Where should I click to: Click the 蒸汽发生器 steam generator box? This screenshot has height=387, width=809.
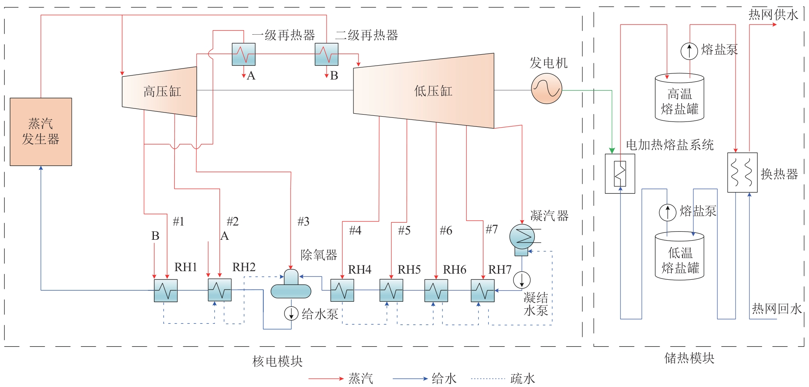pyautogui.click(x=41, y=132)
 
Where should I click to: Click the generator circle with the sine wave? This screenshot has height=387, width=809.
pyautogui.click(x=547, y=88)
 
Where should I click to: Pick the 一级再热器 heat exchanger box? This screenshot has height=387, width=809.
pyautogui.click(x=244, y=54)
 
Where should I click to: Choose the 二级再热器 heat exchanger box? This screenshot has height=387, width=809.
pyautogui.click(x=327, y=54)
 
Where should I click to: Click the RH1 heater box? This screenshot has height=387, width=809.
pyautogui.click(x=166, y=290)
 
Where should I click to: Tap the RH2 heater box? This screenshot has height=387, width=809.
pyautogui.click(x=220, y=290)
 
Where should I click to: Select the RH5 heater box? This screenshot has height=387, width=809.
pyautogui.click(x=391, y=290)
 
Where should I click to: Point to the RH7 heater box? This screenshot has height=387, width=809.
pyautogui.click(x=482, y=290)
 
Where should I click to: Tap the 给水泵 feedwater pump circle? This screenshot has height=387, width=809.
pyautogui.click(x=291, y=313)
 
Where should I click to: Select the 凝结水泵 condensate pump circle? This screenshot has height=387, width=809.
pyautogui.click(x=522, y=280)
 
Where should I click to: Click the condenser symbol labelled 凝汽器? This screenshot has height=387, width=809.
pyautogui.click(x=522, y=237)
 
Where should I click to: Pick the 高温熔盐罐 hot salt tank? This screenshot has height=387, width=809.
pyautogui.click(x=680, y=98)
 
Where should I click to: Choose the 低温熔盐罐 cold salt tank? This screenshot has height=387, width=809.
pyautogui.click(x=680, y=256)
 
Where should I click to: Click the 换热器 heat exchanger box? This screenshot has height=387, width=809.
pyautogui.click(x=742, y=172)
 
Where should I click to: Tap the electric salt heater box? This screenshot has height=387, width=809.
pyautogui.click(x=620, y=174)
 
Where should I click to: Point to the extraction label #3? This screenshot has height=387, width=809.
pyautogui.click(x=303, y=221)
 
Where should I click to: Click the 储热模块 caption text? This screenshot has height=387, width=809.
pyautogui.click(x=689, y=358)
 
